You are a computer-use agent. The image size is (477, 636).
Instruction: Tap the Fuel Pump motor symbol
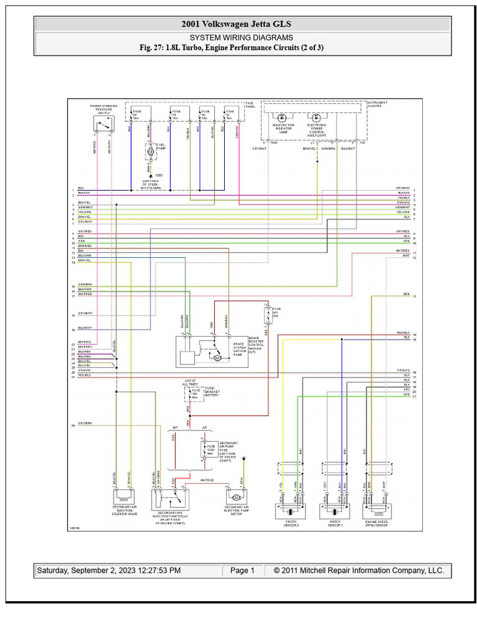150,150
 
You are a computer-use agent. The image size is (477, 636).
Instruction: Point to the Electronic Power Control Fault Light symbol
317,117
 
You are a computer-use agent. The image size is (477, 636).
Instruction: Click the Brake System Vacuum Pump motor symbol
217,357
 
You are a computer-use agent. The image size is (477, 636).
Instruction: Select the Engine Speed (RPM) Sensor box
376,511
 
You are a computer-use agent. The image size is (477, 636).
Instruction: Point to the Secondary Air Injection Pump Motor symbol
236,497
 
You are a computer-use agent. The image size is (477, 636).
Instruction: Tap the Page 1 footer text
242,570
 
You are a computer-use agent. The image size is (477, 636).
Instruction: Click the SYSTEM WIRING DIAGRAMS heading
242,38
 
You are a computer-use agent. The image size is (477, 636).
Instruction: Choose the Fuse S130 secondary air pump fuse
205,448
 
